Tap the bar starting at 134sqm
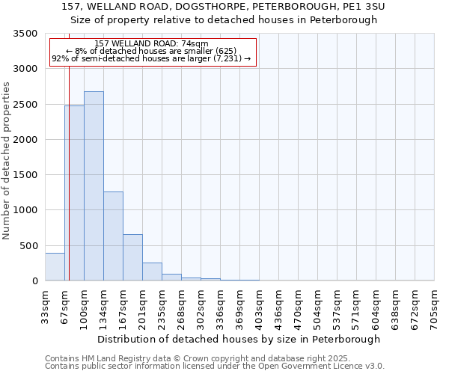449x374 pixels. click(x=113, y=236)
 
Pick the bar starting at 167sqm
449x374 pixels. click(x=132, y=257)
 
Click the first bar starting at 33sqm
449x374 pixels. click(x=55, y=267)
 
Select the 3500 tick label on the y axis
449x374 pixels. click(x=25, y=34)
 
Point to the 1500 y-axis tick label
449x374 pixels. click(x=25, y=175)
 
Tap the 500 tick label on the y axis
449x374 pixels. click(x=28, y=246)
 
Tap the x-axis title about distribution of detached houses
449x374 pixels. click(x=239, y=339)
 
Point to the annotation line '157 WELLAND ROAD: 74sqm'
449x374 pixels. click(x=152, y=44)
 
